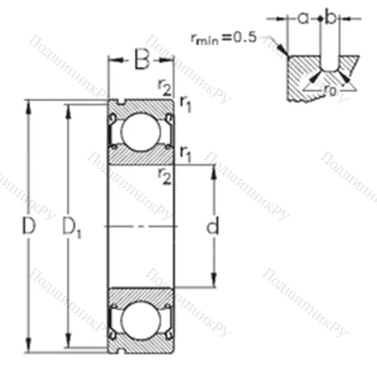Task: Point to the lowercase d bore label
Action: tap(213, 225)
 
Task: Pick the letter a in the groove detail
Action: tap(302, 17)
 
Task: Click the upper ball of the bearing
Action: tap(141, 130)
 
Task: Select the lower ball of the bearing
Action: tap(141, 319)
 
